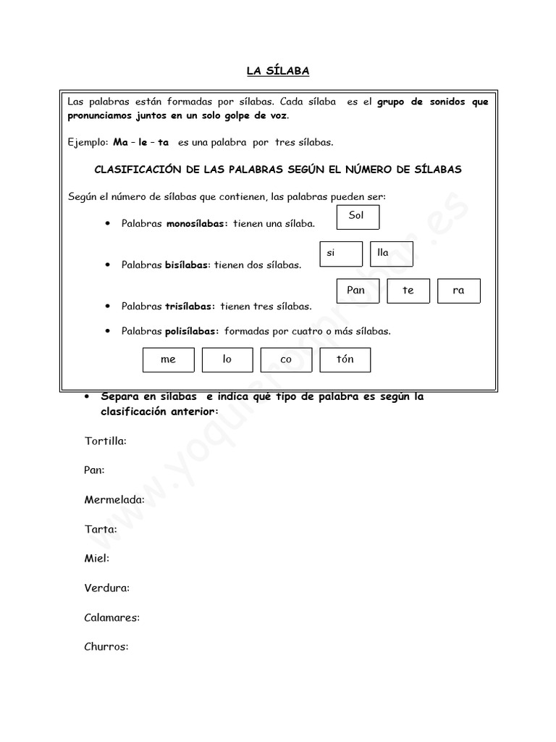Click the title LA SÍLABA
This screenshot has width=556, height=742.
click(278, 70)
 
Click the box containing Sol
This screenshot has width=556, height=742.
click(358, 217)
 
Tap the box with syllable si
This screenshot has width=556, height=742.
click(341, 254)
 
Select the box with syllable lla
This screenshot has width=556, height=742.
click(391, 254)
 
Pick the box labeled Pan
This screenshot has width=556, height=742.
click(358, 291)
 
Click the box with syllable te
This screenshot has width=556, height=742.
click(408, 291)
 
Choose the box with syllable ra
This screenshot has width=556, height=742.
click(459, 291)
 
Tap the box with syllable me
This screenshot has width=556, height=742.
click(169, 359)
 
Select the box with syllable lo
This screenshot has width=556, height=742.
click(227, 359)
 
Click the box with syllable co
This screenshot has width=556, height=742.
click(286, 359)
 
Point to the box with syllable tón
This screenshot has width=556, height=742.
click(345, 359)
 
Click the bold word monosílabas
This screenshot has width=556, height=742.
click(197, 224)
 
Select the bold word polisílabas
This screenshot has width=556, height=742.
click(192, 331)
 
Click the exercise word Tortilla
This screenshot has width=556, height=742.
click(105, 441)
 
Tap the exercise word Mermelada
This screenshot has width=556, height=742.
click(114, 500)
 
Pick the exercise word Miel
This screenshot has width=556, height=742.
click(97, 559)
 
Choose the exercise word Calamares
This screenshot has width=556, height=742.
click(112, 617)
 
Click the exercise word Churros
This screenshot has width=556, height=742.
click(106, 646)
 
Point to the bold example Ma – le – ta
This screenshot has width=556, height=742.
click(140, 143)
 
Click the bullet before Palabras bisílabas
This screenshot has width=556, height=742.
click(107, 264)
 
